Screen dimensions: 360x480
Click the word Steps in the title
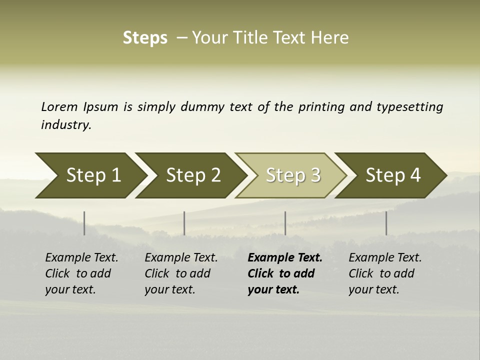click(x=145, y=38)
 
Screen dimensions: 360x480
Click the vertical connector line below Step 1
click(x=84, y=223)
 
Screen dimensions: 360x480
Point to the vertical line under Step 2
click(x=184, y=223)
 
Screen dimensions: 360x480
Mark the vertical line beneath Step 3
click(x=285, y=223)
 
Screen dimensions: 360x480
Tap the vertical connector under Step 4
click(x=386, y=223)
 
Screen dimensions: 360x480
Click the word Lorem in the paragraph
click(x=59, y=107)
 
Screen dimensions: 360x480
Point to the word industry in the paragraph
click(x=65, y=125)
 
